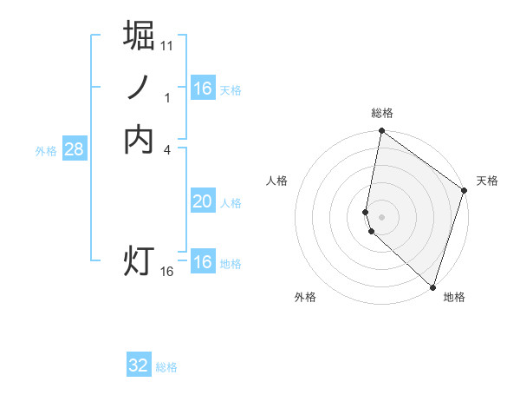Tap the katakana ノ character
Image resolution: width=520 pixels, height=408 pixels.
[139, 88]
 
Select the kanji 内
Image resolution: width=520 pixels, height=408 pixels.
[139, 140]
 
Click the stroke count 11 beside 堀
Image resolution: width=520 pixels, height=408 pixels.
[167, 45]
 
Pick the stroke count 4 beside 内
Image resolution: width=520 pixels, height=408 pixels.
[167, 150]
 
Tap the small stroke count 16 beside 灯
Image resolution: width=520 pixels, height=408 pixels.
[167, 272]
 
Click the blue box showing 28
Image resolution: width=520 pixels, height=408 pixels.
[75, 149]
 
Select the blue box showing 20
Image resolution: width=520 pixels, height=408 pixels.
[202, 201]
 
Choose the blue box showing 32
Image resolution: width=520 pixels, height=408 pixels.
[139, 365]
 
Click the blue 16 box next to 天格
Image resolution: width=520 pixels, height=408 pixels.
[202, 89]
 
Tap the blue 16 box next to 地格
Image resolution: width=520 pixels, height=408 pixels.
[202, 262]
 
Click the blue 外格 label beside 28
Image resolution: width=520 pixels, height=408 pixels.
[46, 150]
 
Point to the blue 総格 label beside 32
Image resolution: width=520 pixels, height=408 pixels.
[166, 366]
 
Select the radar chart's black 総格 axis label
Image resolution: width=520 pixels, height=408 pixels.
[382, 113]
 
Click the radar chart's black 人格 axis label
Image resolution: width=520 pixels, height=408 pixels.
[277, 180]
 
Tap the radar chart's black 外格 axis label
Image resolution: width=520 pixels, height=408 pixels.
[305, 297]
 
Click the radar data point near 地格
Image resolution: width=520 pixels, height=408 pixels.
[432, 286]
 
